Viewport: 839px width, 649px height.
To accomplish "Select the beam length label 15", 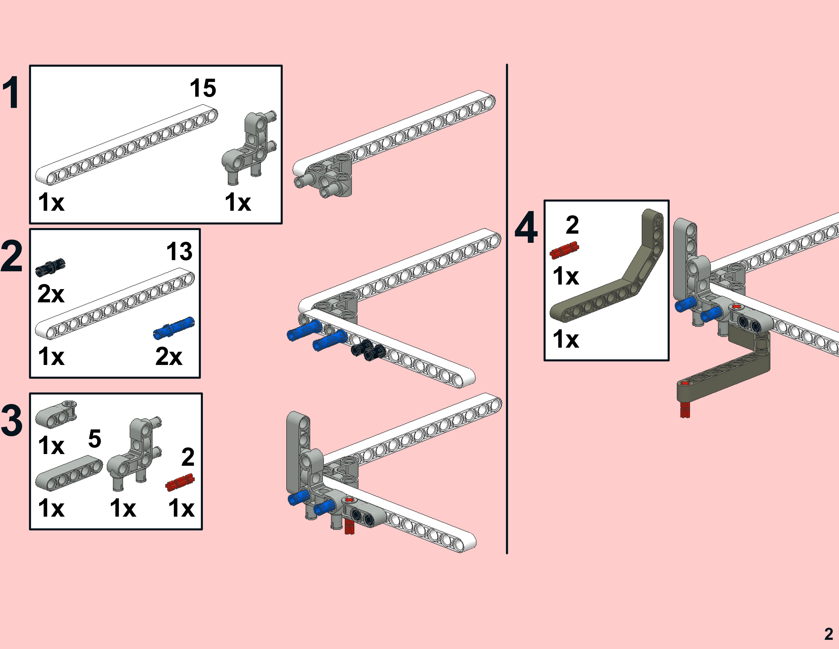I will point(203,88).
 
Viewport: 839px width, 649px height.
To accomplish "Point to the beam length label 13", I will point(179,251).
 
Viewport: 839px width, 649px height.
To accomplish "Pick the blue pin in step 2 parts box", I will point(174,328).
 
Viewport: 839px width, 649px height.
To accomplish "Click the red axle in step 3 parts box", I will point(180,483).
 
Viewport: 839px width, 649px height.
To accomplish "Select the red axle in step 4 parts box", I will point(564,250).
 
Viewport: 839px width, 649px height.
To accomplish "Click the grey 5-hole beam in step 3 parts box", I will point(69,473).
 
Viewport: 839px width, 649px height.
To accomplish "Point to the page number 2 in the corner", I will point(828,634).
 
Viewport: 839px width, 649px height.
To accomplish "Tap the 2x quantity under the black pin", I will point(51,294).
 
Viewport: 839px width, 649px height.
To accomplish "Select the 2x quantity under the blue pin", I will point(168,356).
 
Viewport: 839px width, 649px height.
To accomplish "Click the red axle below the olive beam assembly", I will point(685,410).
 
